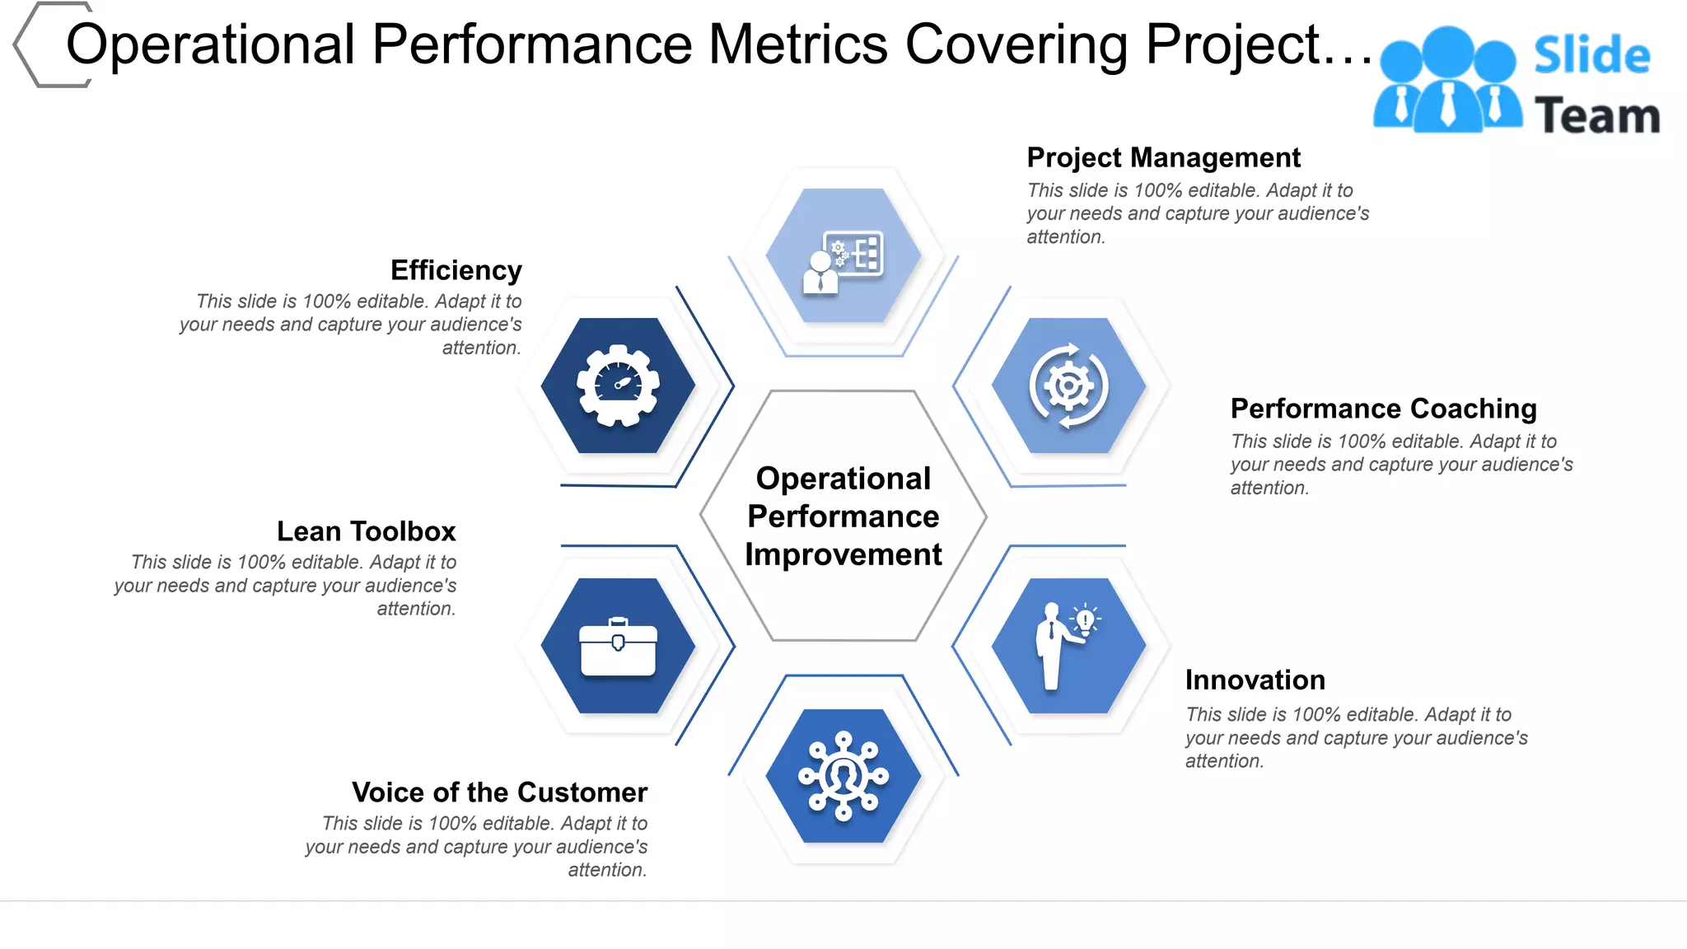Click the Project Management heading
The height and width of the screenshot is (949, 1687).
pos(1163,157)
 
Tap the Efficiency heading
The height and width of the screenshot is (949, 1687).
pos(456,270)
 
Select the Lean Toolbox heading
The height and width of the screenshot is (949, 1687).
pos(366,531)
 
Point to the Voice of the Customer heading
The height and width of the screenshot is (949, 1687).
pos(499,792)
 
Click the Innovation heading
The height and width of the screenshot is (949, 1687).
pos(1255,680)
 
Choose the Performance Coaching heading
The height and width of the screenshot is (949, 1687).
pos(1383,409)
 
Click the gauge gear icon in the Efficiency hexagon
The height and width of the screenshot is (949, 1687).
pos(618,386)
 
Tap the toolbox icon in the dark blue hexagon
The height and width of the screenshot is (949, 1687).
pos(618,647)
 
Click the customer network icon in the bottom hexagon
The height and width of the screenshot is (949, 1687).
pos(843,775)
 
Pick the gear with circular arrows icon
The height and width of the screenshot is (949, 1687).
pos(1068,386)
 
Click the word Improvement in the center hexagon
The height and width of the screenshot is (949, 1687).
pos(843,555)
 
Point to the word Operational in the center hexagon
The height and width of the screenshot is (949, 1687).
pos(843,479)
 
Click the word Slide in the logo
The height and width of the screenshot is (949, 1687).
pos(1591,56)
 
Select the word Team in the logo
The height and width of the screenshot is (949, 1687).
pos(1596,116)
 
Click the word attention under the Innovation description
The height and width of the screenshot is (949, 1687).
pos(1222,761)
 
